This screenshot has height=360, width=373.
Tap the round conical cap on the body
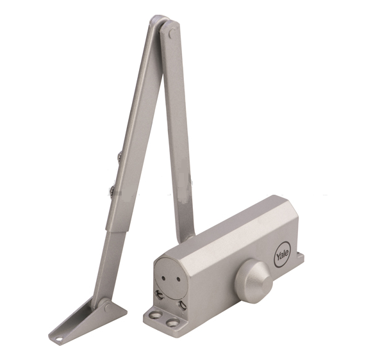coord(253,278)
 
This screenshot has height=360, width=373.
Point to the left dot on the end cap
coord(164,277)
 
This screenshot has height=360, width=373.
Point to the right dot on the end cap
coord(178,280)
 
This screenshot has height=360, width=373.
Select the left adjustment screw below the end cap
coord(159,295)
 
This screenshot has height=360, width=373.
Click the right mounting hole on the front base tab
coord(172,323)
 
